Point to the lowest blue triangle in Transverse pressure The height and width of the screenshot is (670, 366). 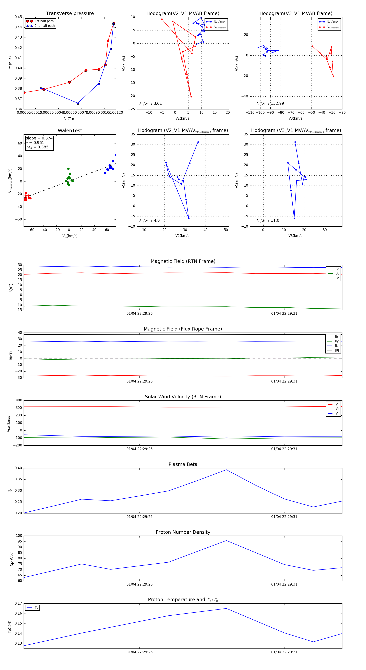point(78,103)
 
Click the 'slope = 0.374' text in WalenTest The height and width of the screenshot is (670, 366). point(39,138)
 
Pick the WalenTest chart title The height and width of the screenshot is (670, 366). point(70,131)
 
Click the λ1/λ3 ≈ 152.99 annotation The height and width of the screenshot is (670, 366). point(270,104)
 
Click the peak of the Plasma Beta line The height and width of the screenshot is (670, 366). point(226,470)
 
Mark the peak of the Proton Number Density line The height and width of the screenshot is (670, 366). point(226,540)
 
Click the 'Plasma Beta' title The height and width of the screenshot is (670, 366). point(183,464)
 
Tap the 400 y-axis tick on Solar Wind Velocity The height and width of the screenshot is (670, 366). point(19,400)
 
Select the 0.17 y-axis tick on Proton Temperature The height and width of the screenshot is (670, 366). point(18,603)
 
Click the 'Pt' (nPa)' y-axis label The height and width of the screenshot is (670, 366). point(10,63)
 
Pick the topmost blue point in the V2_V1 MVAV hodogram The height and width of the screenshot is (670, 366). point(198,142)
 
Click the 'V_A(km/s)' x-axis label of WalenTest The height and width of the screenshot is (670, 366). point(70,236)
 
